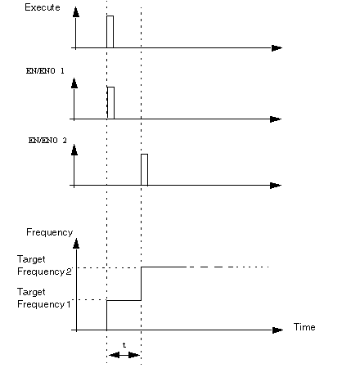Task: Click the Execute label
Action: click(43, 7)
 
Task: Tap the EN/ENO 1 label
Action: click(45, 71)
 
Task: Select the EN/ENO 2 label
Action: click(47, 141)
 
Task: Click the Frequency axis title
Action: click(50, 232)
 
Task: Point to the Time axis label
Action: click(304, 327)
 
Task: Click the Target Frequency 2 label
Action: click(44, 265)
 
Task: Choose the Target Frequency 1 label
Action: click(44, 298)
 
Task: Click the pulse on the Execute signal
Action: click(110, 32)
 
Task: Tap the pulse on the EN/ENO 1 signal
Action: click(110, 103)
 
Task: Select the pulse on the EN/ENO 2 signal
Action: click(144, 169)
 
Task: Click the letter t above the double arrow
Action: click(124, 345)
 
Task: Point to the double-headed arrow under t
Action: click(124, 355)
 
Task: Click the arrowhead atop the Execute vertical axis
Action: click(76, 12)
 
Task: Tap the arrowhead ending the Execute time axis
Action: click(277, 48)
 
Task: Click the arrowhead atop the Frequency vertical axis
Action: click(76, 243)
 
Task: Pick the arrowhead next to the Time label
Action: click(277, 330)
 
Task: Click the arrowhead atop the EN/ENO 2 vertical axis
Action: click(74, 150)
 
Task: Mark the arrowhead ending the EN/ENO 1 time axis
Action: click(276, 119)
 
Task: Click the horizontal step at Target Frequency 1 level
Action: click(124, 300)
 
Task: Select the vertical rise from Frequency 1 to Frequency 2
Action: click(141, 284)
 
